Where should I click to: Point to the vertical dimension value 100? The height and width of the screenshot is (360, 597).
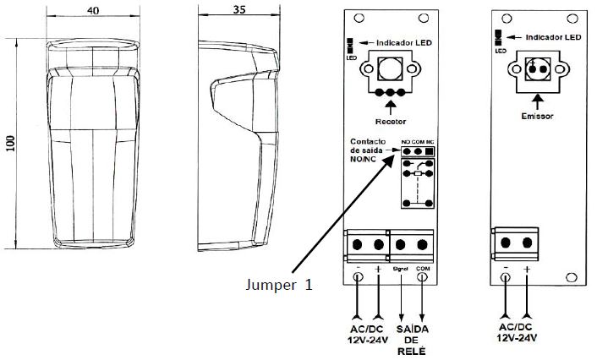coord(10,144)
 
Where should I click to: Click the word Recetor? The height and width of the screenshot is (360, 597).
coord(390,122)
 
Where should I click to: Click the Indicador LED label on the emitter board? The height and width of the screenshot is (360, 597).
coord(553,38)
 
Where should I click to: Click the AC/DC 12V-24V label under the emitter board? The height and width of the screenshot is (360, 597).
coord(517,331)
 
